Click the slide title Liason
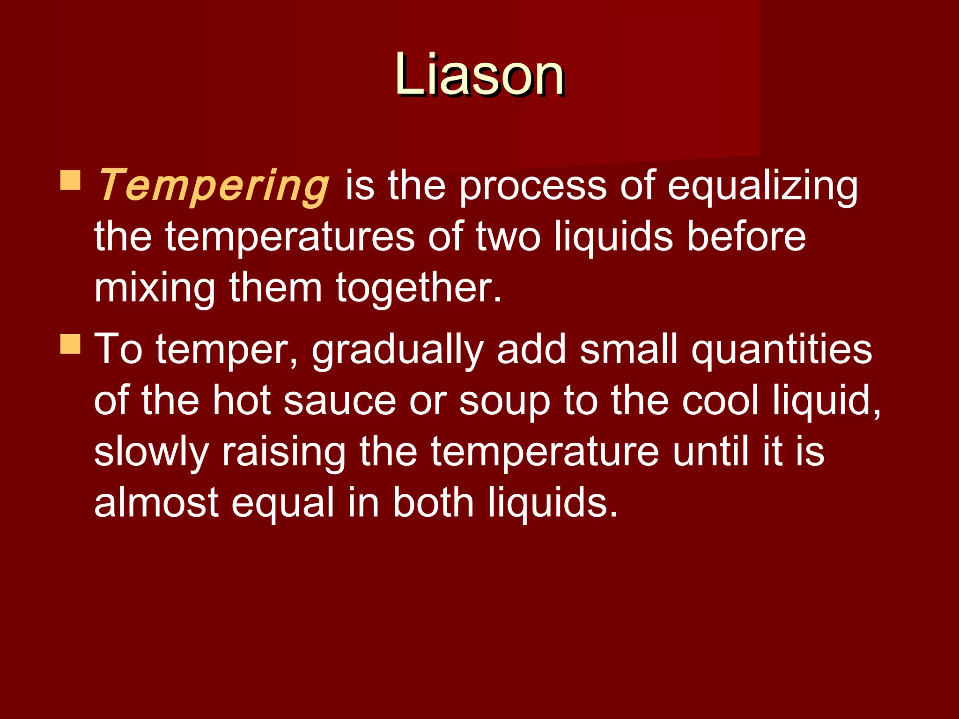pyautogui.click(x=479, y=75)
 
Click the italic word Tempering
pyautogui.click(x=214, y=186)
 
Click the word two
pyautogui.click(x=508, y=237)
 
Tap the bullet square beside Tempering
pyautogui.click(x=70, y=180)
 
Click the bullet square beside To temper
pyautogui.click(x=70, y=344)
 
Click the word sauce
pyautogui.click(x=340, y=401)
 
